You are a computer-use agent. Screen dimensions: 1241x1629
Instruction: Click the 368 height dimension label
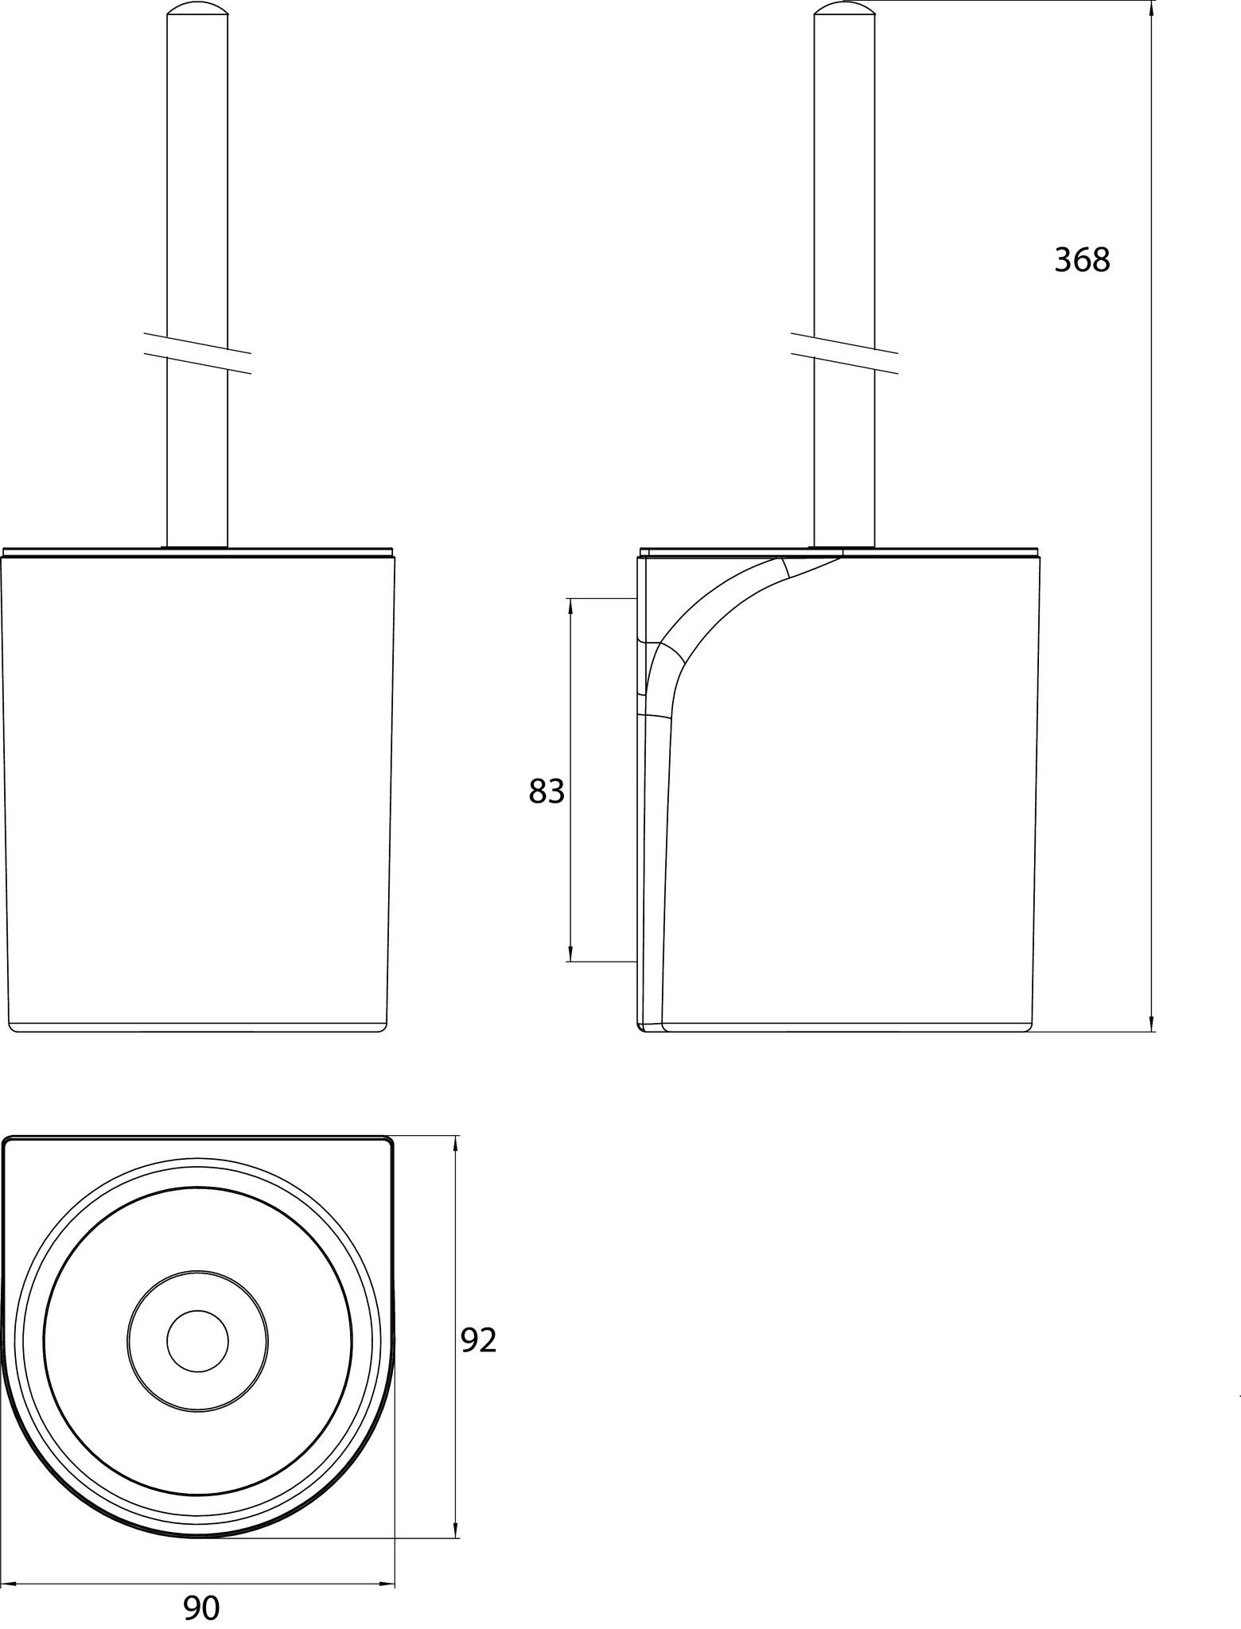pyautogui.click(x=1082, y=260)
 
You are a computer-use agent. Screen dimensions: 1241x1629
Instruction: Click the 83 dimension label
pyautogui.click(x=547, y=791)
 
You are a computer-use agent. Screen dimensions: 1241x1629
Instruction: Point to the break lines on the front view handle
pyautogui.click(x=197, y=353)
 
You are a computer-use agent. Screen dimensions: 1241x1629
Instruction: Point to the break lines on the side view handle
pyautogui.click(x=844, y=353)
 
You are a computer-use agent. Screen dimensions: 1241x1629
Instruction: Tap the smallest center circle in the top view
pyautogui.click(x=197, y=1341)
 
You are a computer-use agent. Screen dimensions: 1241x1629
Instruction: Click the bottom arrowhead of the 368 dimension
pyautogui.click(x=1152, y=1024)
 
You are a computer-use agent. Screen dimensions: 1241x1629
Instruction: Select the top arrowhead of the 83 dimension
pyautogui.click(x=570, y=606)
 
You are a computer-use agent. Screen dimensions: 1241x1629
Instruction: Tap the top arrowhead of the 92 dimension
pyautogui.click(x=455, y=1144)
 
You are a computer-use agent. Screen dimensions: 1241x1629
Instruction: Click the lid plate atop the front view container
pyautogui.click(x=198, y=552)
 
